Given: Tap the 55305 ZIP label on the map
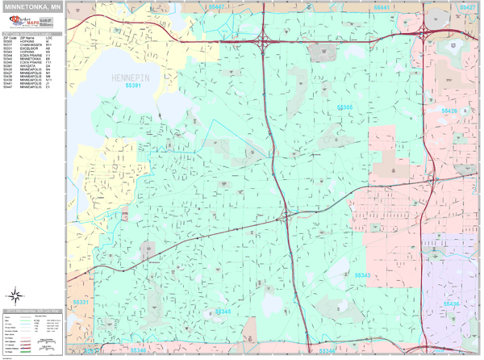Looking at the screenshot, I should (344, 107).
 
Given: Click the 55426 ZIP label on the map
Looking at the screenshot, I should (449, 111).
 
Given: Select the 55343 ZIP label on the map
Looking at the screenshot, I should (362, 274).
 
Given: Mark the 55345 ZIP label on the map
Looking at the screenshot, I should (223, 312).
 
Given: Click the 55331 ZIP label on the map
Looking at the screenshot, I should (81, 303).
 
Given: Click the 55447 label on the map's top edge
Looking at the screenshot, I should (217, 6).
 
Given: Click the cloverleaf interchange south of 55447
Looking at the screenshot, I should (262, 36).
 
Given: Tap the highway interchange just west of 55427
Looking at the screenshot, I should (424, 33).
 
